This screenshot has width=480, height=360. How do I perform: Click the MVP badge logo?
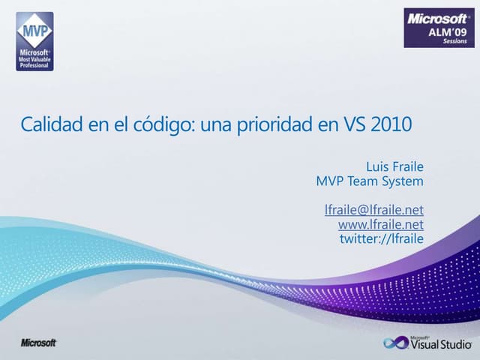[34, 40]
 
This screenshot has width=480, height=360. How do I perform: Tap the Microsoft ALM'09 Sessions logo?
[439, 28]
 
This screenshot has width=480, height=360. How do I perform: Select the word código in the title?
[165, 124]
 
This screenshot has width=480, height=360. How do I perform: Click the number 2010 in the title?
[391, 124]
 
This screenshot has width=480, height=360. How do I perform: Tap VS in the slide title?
[355, 124]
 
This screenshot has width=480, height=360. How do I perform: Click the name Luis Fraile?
[394, 166]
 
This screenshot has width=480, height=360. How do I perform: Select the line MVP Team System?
[370, 181]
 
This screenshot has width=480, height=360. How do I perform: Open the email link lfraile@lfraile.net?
[373, 211]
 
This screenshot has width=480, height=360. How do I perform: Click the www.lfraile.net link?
[380, 224]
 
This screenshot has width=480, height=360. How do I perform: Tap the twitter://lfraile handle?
[382, 238]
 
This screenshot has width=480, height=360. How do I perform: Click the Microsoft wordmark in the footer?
[38, 343]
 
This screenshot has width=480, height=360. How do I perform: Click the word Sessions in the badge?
[454, 41]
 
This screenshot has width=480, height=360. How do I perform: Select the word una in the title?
[218, 124]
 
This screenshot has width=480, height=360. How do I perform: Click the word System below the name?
[403, 181]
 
